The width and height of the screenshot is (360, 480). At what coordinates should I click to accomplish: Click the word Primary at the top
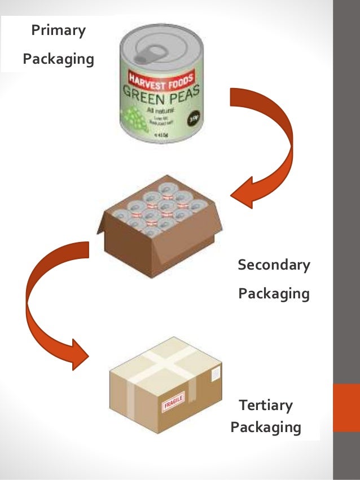pos(58,30)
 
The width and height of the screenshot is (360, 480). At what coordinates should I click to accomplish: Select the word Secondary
pos(274,265)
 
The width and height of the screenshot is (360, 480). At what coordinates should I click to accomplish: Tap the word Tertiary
pos(266,405)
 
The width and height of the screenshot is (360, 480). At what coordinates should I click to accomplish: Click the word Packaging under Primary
pos(58,59)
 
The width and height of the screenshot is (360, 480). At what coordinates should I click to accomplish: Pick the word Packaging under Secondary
pos(274,293)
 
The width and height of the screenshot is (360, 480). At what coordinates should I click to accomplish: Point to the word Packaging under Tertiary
pos(266,426)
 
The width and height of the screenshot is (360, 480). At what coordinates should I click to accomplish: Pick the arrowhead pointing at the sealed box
pos(79,353)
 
